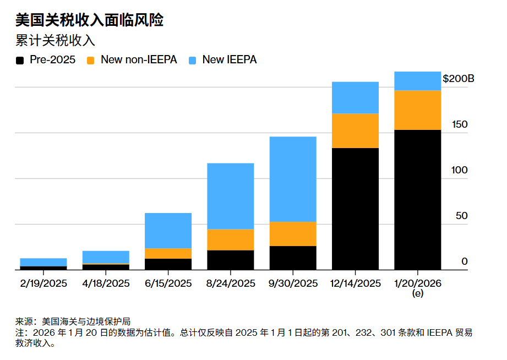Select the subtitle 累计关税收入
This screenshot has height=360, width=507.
(x=55, y=41)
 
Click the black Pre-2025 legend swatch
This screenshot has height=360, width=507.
(x=20, y=60)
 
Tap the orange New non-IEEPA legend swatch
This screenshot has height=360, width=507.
(x=91, y=60)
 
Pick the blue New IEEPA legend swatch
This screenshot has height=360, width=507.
(x=193, y=60)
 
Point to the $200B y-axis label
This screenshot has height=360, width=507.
(x=458, y=79)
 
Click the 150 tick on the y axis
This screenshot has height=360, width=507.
(x=459, y=124)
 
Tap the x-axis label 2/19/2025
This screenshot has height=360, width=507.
(x=43, y=283)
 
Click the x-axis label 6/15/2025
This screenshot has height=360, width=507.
(x=168, y=283)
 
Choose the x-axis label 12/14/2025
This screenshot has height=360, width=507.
(x=355, y=283)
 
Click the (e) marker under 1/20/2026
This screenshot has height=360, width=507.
(x=418, y=294)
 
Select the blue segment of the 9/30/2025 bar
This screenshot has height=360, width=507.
(x=293, y=179)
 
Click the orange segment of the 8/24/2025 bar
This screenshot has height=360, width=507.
(x=230, y=239)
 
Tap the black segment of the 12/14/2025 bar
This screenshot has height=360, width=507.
(x=355, y=209)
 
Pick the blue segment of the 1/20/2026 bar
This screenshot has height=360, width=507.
(x=418, y=81)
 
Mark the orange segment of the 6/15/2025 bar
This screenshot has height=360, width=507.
(x=168, y=253)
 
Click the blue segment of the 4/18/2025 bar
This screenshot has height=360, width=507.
(x=106, y=257)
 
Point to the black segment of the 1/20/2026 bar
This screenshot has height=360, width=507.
(x=418, y=200)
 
